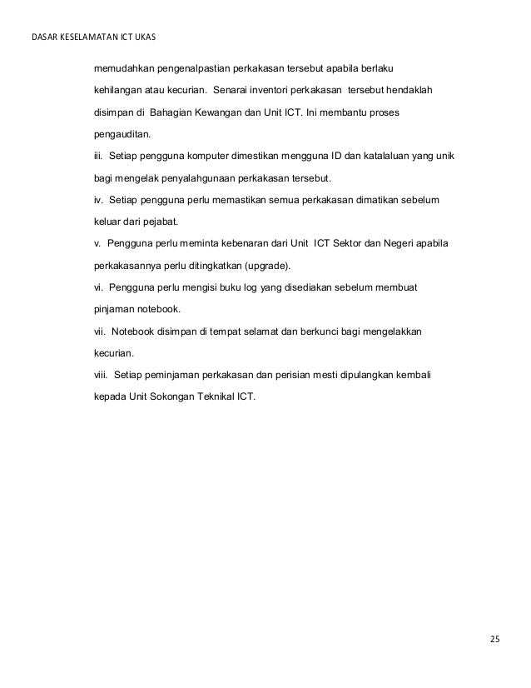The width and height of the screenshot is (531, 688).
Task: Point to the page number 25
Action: click(x=494, y=640)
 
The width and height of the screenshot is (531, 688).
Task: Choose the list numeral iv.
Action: click(x=97, y=201)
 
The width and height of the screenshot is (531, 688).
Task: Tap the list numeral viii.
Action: click(x=100, y=374)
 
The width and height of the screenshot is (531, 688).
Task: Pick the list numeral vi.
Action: click(x=97, y=287)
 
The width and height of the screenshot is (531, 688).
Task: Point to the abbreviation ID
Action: click(x=338, y=156)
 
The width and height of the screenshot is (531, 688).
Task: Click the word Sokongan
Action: click(x=166, y=396)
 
